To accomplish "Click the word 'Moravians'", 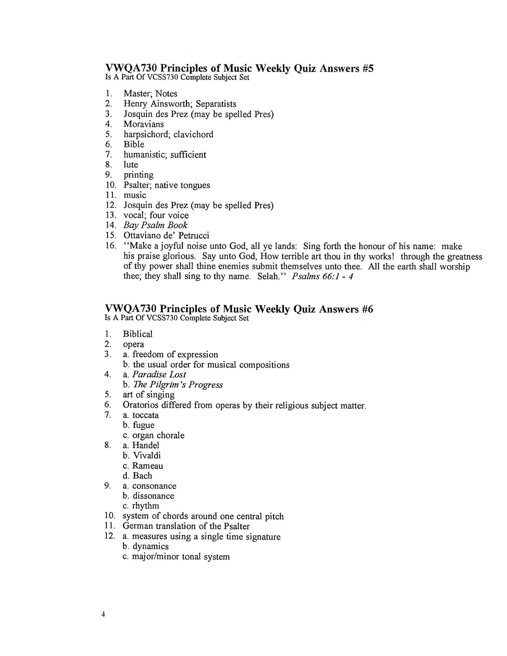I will click(x=144, y=124).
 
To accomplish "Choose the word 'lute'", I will click(x=131, y=165).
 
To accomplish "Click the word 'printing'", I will click(x=138, y=175).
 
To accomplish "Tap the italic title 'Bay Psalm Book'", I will click(x=155, y=225).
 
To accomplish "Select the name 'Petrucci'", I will click(x=194, y=236).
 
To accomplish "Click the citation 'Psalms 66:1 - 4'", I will click(x=323, y=276).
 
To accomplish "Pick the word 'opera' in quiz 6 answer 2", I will click(x=133, y=344).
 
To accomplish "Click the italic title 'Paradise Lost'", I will click(x=159, y=375).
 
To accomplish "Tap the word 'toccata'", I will click(x=146, y=415).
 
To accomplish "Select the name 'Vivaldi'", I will click(x=147, y=456).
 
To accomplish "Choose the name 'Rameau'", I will click(x=148, y=466).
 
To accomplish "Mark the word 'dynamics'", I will click(x=151, y=546).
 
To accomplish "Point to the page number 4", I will click(x=103, y=615).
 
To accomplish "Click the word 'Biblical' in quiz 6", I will click(x=138, y=334).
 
